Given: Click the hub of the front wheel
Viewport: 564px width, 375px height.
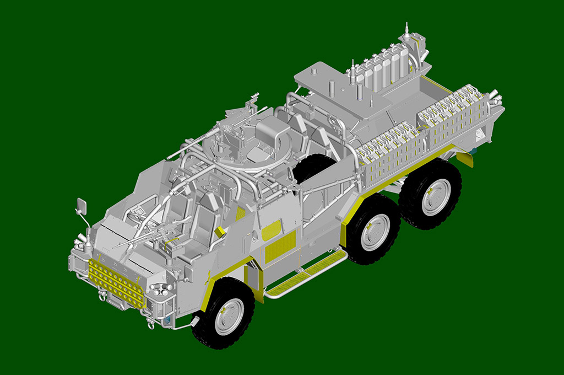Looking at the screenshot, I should (229, 317).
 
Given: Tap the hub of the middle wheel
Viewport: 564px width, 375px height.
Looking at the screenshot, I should (376, 232).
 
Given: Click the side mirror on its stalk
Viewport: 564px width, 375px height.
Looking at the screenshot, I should (82, 206).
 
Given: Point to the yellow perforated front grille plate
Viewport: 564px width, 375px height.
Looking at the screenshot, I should (116, 284).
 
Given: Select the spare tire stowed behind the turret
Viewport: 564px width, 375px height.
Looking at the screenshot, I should (313, 167).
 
